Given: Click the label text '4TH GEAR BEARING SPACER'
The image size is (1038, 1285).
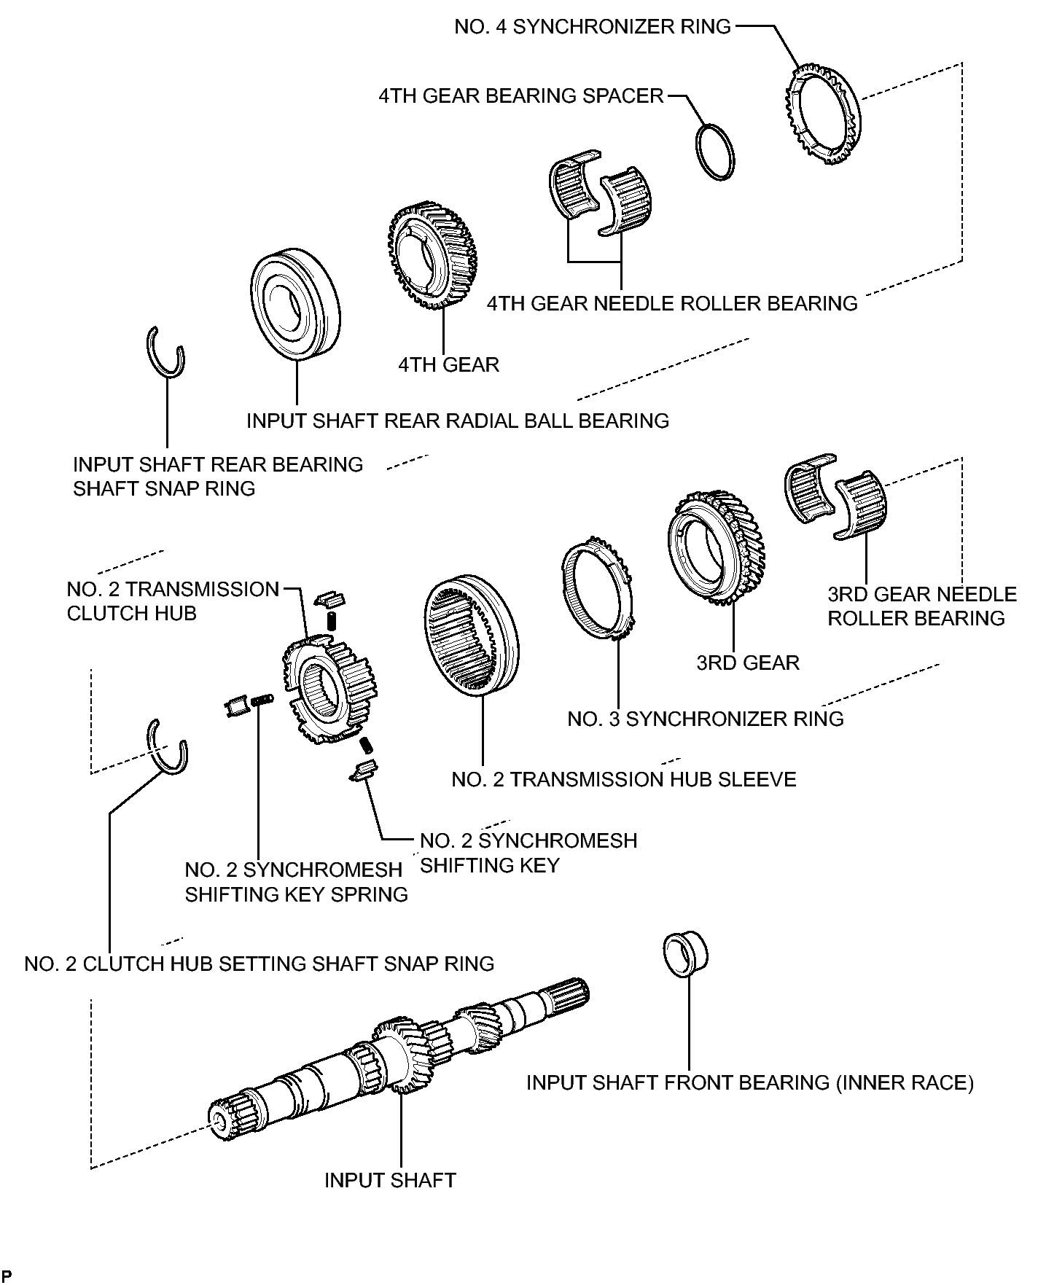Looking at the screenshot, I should click(x=520, y=95).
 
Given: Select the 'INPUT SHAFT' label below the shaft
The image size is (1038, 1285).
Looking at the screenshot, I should click(x=390, y=1180).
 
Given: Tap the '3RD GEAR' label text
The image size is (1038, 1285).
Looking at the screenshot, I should click(x=748, y=663).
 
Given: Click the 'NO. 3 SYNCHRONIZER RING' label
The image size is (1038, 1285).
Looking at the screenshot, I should click(x=705, y=719).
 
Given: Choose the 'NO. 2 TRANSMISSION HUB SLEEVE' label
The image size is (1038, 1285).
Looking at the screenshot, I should click(x=623, y=779).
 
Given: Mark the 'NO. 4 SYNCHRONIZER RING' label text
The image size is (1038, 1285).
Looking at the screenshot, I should click(x=592, y=26).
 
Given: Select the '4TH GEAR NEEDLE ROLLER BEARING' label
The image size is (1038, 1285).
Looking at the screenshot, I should click(x=672, y=303).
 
